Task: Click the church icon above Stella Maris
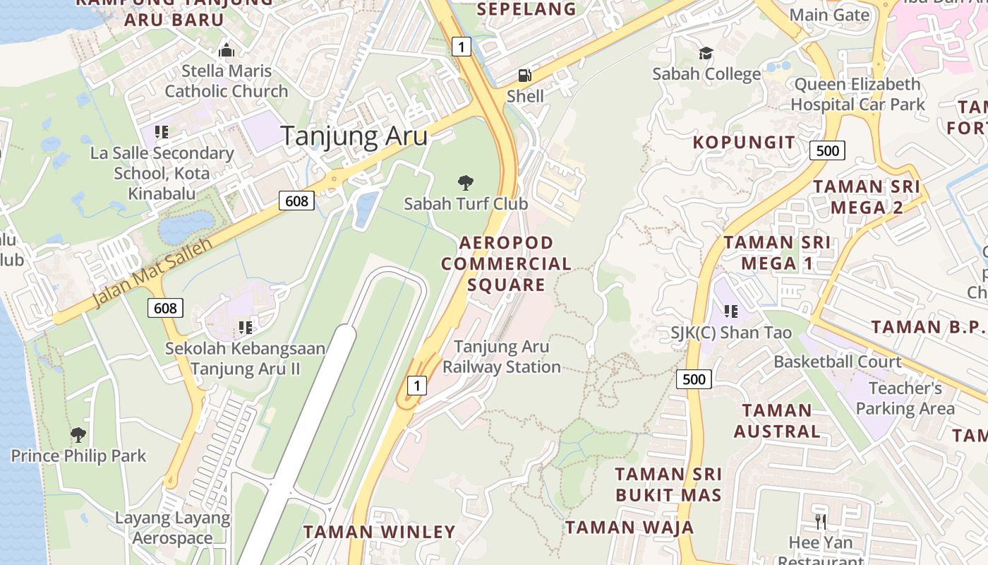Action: click(x=226, y=51)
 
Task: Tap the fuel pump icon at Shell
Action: click(x=525, y=75)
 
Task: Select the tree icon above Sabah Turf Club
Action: click(x=465, y=184)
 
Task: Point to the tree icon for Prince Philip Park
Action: click(x=78, y=434)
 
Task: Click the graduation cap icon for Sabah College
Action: click(x=706, y=54)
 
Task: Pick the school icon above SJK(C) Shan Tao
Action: click(x=731, y=311)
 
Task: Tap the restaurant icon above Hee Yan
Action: click(x=820, y=522)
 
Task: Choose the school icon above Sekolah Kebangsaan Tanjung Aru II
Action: click(x=246, y=327)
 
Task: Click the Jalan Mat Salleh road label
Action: click(x=152, y=273)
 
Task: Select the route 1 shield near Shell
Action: click(x=461, y=47)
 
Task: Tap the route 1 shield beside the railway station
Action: click(x=418, y=386)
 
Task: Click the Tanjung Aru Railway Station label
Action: click(x=502, y=357)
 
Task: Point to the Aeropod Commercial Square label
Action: click(x=507, y=263)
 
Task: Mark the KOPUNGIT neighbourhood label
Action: click(x=744, y=142)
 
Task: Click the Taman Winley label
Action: click(x=380, y=532)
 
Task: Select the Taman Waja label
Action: click(x=629, y=527)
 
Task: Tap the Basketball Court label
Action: click(x=838, y=362)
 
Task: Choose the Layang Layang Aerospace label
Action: click(x=173, y=528)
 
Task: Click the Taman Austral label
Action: click(x=777, y=420)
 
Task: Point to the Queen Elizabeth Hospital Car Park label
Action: click(x=857, y=94)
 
